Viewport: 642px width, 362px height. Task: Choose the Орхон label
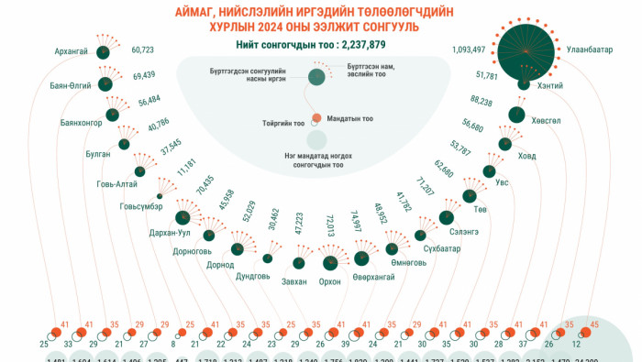tap(328, 281)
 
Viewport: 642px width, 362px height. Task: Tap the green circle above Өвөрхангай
tap(361, 258)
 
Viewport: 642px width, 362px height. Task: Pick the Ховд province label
tap(526, 157)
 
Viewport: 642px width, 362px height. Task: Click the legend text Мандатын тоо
tap(349, 118)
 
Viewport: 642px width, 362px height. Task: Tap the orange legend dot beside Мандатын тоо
tap(316, 118)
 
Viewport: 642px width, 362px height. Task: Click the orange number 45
tap(594, 324)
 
